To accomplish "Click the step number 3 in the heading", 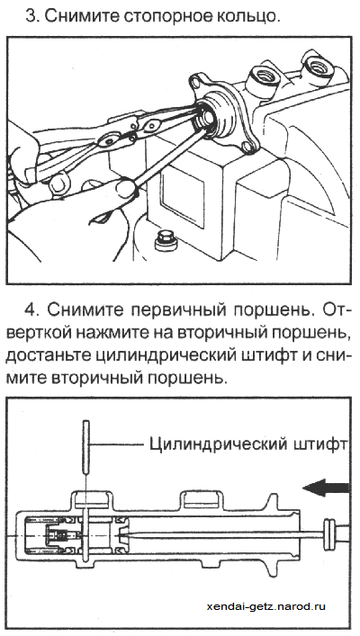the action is click(31, 16).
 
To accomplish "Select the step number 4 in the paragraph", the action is click(31, 310).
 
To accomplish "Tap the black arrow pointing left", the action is click(326, 488).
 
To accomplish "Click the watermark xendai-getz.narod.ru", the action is click(265, 606).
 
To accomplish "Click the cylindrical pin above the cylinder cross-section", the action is click(86, 447).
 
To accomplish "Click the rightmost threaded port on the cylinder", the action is click(318, 65).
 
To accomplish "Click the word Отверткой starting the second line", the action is click(40, 334).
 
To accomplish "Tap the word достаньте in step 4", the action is click(44, 357).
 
